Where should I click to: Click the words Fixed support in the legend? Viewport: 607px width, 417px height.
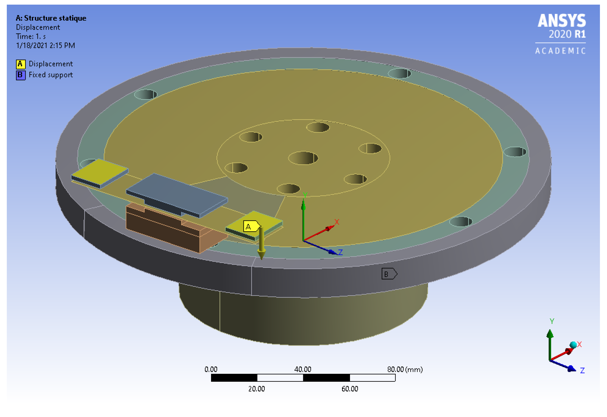tap(51, 75)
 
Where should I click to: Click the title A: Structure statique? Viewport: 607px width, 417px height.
tap(51, 18)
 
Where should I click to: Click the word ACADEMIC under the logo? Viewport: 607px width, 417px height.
tap(560, 51)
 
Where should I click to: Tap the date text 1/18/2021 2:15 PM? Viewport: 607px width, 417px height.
tap(45, 46)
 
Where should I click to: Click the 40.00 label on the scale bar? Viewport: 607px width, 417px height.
tap(302, 369)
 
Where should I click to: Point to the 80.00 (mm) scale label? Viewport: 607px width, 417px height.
tap(405, 369)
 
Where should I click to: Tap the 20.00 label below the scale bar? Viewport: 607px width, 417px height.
tap(256, 389)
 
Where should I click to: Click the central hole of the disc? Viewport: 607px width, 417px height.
tap(303, 158)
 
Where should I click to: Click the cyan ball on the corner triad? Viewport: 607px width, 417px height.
tap(573, 345)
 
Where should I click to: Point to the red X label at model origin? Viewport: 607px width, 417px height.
tap(337, 222)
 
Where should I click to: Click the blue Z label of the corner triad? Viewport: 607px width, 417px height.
tap(582, 371)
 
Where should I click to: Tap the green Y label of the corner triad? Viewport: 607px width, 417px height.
tap(552, 321)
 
